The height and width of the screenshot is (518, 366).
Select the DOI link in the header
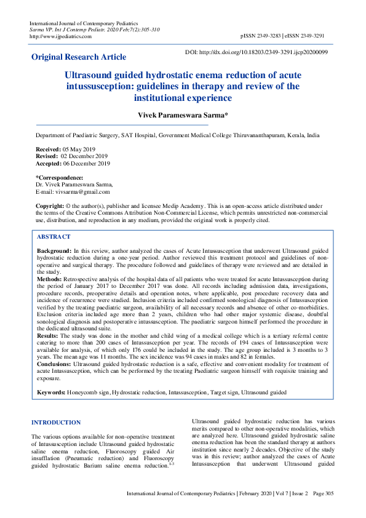(265, 52)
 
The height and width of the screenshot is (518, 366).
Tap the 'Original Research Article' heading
(79, 57)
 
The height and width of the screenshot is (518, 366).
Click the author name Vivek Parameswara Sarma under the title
(182, 116)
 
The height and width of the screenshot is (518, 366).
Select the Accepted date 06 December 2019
(86, 164)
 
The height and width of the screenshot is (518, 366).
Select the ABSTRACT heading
(54, 237)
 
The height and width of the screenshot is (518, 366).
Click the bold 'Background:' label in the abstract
(54, 252)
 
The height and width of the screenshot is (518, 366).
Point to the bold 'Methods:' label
(51, 279)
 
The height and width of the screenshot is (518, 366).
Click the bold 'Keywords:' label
(51, 392)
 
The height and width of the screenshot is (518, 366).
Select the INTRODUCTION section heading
(56, 423)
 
